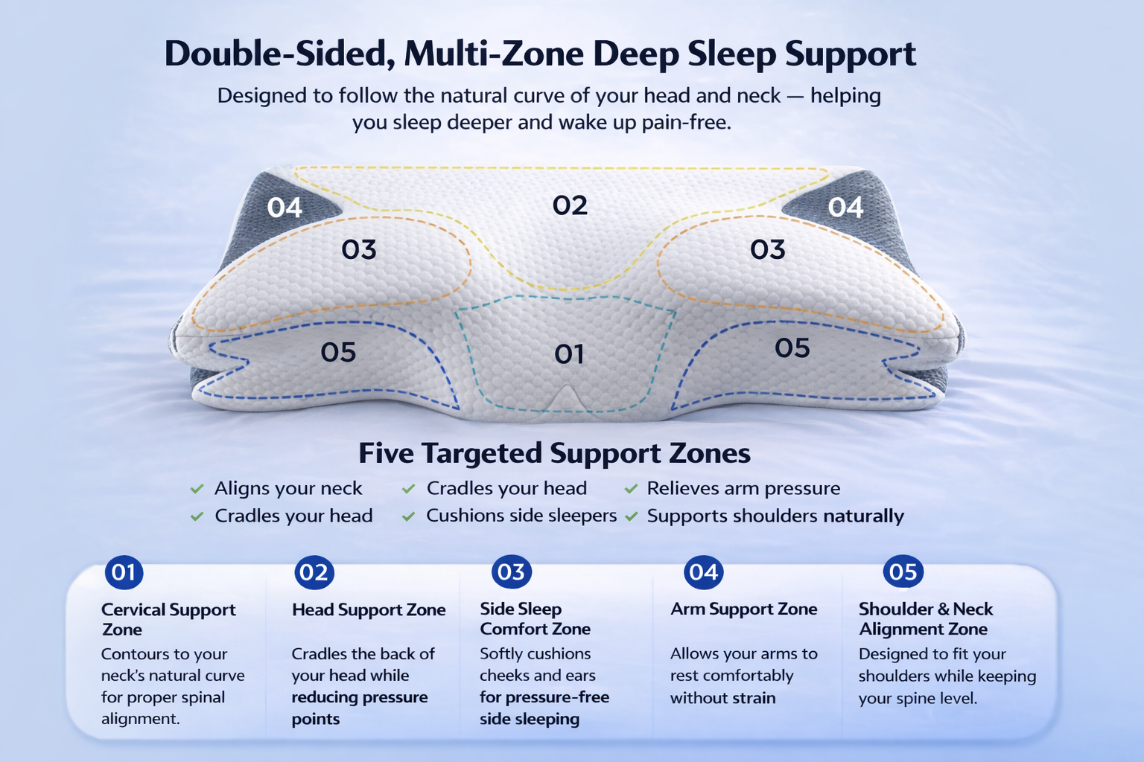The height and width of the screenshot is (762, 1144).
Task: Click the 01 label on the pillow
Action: click(569, 354)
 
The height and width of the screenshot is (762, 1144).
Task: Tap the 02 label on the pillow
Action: click(570, 205)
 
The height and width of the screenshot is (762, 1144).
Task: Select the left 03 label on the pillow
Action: click(359, 249)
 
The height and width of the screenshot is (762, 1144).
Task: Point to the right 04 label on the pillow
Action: click(845, 207)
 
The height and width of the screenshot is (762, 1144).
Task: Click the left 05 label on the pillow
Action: click(338, 352)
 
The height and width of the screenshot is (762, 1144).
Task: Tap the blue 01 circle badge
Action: click(124, 572)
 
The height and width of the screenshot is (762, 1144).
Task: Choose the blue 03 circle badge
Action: click(511, 571)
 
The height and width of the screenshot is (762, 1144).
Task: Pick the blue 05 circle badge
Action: click(903, 571)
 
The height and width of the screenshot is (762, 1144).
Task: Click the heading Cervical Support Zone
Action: click(168, 619)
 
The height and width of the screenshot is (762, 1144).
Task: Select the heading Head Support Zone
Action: click(369, 610)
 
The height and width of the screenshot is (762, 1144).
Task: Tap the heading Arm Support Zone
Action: click(743, 609)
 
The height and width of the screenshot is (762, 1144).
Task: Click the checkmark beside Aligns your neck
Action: click(197, 489)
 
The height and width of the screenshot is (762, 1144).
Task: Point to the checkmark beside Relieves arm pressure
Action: click(632, 489)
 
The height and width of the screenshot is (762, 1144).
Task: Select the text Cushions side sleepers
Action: click(521, 516)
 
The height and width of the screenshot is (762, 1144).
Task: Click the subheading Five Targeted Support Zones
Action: click(554, 453)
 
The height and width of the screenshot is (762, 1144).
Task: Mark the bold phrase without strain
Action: click(722, 698)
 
